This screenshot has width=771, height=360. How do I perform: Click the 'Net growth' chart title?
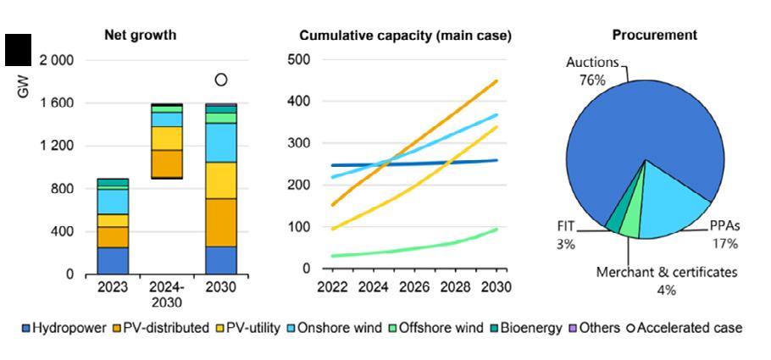click(x=140, y=36)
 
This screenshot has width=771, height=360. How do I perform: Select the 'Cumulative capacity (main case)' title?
click(x=405, y=36)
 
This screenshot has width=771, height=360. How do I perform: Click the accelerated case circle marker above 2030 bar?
click(x=221, y=80)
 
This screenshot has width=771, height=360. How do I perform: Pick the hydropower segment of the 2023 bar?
click(x=113, y=260)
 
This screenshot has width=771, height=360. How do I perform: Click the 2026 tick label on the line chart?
click(x=409, y=287)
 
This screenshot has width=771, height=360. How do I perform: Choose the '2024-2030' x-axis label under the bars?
click(x=167, y=294)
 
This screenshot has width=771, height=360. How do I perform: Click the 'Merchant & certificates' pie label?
click(x=666, y=273)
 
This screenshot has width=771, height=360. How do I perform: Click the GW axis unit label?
click(x=23, y=86)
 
